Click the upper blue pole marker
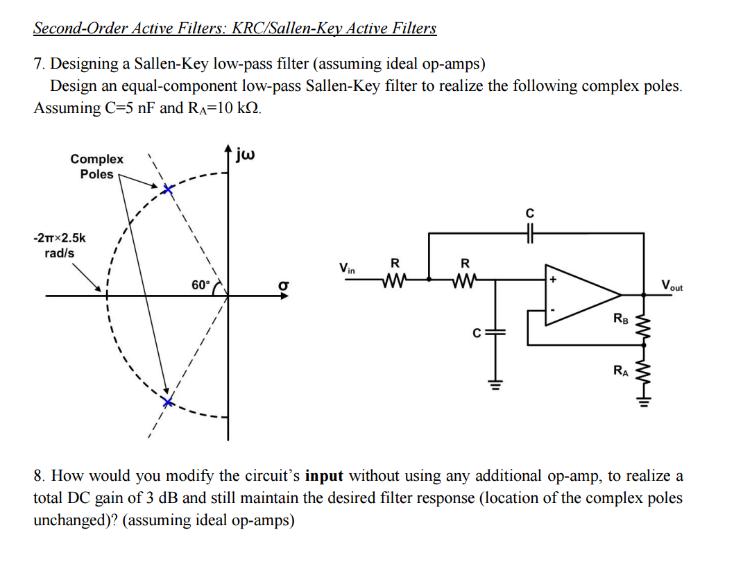167,189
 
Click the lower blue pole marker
167,402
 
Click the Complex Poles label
96,167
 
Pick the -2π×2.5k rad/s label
60,245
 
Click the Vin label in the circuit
347,267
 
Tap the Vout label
672,284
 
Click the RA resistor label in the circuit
620,371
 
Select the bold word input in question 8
324,476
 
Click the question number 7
39,64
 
